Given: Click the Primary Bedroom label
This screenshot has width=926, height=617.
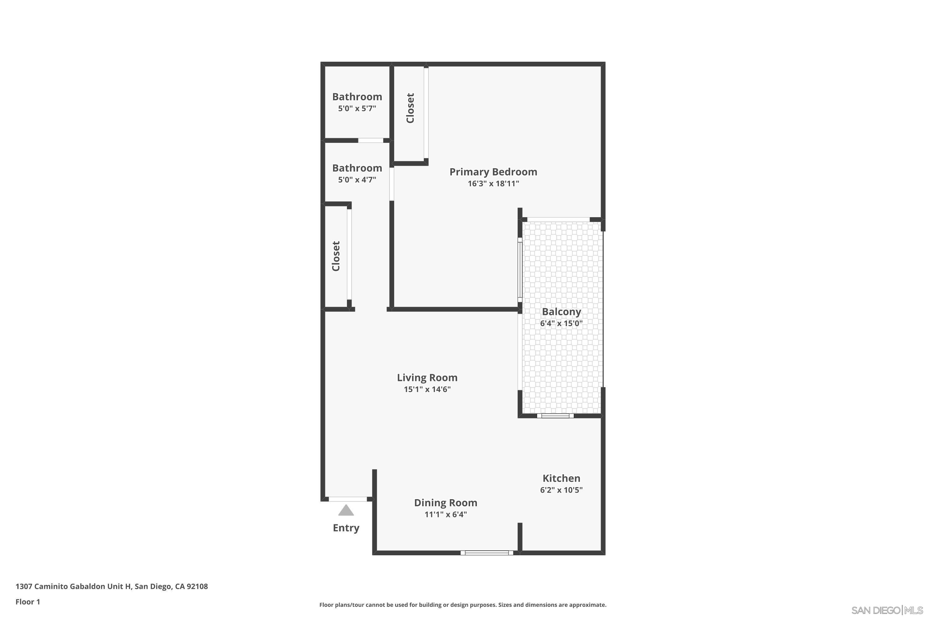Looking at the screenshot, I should click(493, 172).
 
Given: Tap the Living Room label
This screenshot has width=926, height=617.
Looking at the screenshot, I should click(427, 378).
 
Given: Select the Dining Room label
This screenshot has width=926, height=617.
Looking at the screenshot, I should click(445, 503).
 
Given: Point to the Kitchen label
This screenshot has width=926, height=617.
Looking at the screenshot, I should click(561, 478).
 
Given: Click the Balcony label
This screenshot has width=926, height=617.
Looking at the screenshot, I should click(561, 312).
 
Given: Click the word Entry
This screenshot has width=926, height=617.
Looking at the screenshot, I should click(346, 528).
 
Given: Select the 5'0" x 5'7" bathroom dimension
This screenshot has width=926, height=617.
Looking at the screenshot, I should click(357, 109).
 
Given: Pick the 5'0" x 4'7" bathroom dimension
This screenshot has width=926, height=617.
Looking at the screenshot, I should click(357, 180).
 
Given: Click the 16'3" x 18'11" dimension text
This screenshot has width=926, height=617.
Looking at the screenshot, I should click(493, 183).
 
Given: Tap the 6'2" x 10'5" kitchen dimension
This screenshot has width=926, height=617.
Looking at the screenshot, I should click(561, 490).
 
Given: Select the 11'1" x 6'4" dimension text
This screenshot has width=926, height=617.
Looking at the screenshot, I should click(445, 514).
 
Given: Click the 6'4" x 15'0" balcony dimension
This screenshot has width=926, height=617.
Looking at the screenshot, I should click(561, 323).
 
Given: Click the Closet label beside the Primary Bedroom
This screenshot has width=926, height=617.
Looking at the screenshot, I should click(410, 108).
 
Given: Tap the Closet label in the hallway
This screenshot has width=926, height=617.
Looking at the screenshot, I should click(336, 256).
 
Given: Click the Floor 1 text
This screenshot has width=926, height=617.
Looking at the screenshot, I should click(27, 602).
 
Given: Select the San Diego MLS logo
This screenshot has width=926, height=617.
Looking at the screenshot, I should click(888, 610).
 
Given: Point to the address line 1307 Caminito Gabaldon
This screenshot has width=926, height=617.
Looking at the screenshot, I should click(111, 586).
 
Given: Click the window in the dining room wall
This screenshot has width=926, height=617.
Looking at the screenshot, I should click(487, 553).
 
